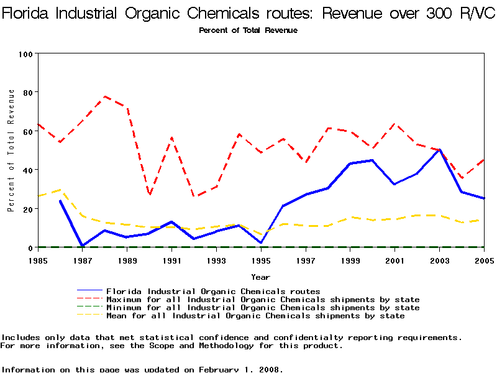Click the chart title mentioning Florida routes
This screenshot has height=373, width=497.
[x=248, y=14]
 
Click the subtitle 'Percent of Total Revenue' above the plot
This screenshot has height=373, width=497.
[x=248, y=30]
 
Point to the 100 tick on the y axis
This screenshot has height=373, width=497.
[x=26, y=53]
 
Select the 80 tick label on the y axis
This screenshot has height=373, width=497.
[x=28, y=92]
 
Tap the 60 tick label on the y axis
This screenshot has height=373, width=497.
[x=28, y=131]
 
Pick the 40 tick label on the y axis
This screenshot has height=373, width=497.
[x=28, y=170]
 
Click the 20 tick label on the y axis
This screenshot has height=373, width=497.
[x=28, y=209]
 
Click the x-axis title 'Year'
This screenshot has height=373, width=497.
[x=260, y=276]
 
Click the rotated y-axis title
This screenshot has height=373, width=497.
[x=11, y=150]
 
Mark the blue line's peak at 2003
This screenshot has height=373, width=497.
[x=439, y=150]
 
